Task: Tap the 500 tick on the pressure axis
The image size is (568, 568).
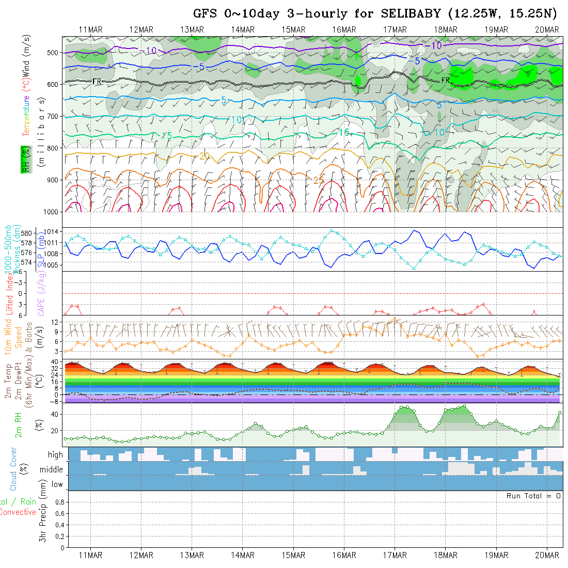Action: (53, 52)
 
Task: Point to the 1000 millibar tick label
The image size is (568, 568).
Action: (51, 212)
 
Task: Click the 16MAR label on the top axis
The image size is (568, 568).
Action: (344, 30)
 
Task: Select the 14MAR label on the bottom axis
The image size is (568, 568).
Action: (243, 555)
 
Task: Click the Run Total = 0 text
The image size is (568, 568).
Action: (533, 496)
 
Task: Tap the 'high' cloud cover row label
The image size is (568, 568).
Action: (55, 455)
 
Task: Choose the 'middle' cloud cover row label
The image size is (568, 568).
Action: (52, 470)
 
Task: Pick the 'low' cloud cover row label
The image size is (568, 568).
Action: (57, 484)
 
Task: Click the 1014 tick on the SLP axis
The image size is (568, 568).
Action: (54, 231)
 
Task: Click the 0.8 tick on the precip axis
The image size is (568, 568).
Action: (59, 502)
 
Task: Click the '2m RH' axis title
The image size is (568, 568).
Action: (19, 424)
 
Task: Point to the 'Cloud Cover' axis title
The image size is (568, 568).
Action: (13, 469)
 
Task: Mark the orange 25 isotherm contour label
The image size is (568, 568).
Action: (318, 180)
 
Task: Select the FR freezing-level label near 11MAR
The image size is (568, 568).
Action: (97, 82)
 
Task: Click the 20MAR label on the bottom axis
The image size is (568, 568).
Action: (547, 555)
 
